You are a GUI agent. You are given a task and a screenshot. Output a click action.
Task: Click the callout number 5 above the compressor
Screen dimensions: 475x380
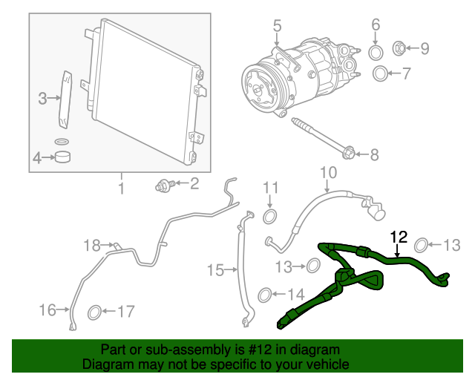pos(277,25)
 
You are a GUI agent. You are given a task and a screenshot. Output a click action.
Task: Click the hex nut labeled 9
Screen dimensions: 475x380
pos(399,48)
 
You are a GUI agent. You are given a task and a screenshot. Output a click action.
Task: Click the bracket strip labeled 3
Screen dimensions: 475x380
pos(65,100)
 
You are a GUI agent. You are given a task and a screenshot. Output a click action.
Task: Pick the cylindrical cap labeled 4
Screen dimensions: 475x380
pos(62,157)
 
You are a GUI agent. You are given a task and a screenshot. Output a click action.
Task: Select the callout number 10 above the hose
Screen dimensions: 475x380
pos(328,173)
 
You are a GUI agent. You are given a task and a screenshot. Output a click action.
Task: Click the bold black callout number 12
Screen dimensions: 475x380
pos(399,237)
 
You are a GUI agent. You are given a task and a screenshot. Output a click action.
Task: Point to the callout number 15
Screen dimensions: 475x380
pos(215,269)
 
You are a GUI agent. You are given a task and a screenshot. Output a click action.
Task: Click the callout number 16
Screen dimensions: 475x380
pos(47,309)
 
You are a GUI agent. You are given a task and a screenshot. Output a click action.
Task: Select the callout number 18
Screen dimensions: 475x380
pos(92,246)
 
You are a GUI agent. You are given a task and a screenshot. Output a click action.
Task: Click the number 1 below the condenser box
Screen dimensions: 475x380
pos(121,189)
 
